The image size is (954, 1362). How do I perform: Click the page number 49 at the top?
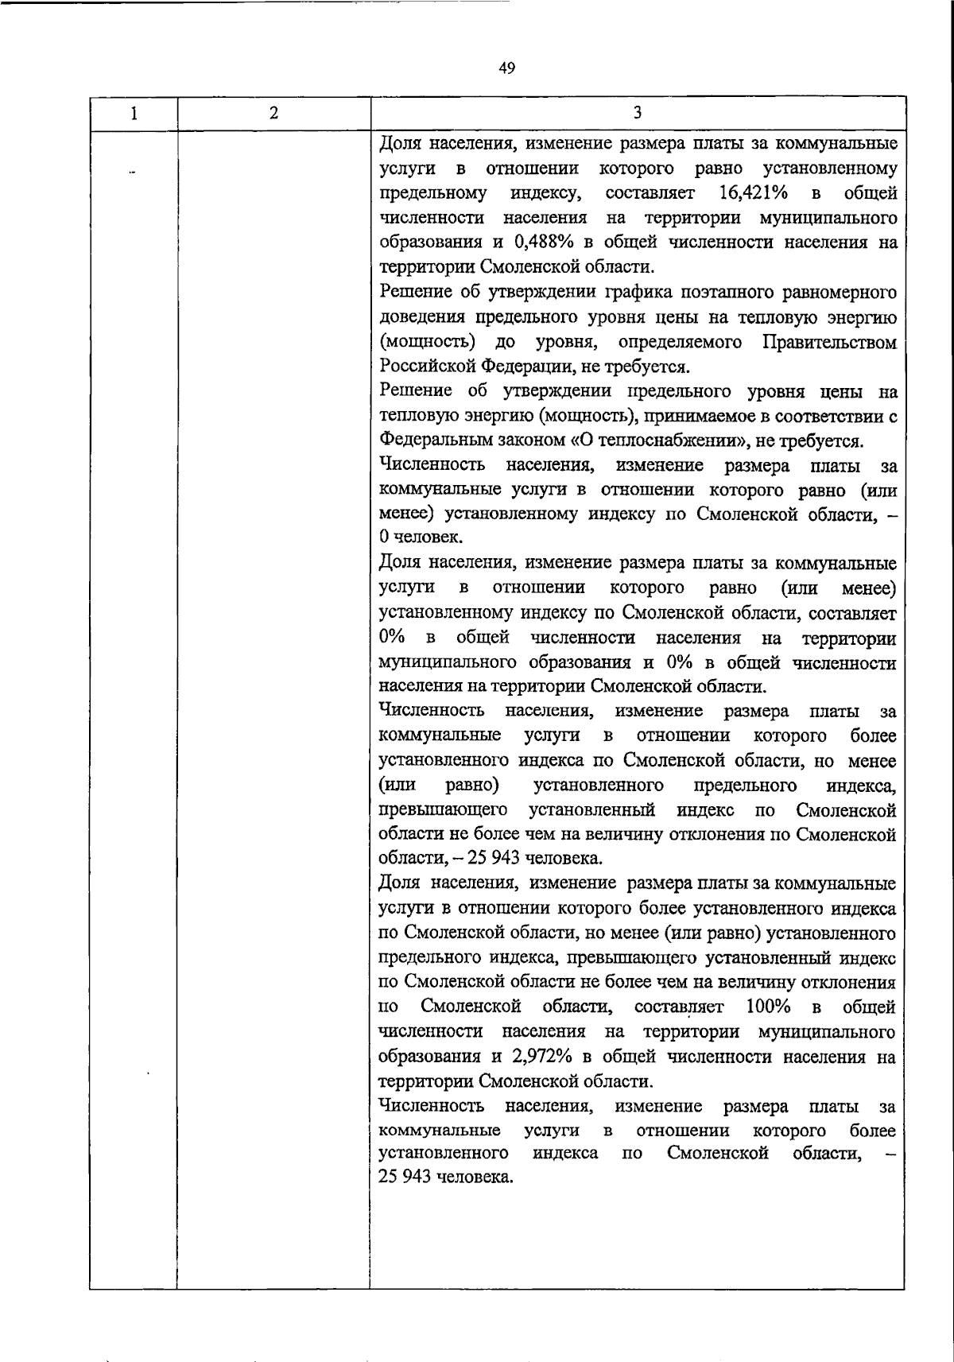coord(507,68)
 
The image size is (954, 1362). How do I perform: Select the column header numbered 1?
coord(134,114)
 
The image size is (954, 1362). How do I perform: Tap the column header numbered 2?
coord(273,114)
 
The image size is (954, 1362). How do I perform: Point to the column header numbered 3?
coord(638,114)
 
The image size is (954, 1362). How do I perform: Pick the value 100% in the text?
coord(769,1007)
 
